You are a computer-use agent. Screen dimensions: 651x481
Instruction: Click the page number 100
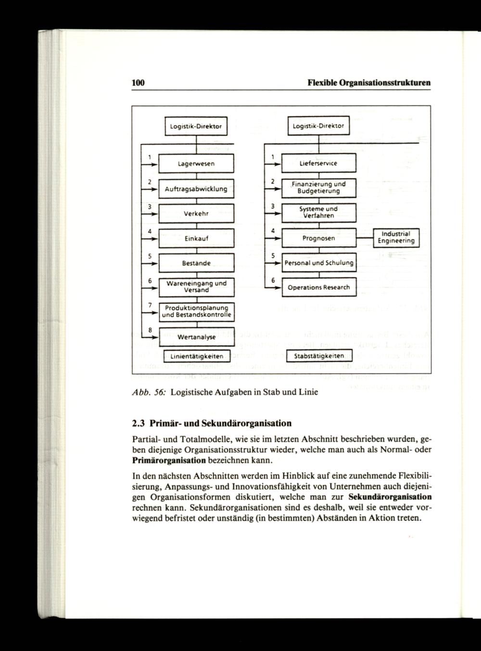click(x=139, y=82)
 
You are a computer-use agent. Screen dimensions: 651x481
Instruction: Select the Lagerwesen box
click(x=196, y=163)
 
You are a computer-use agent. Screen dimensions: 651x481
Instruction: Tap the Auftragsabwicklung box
click(x=196, y=188)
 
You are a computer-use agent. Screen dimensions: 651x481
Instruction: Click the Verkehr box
click(x=196, y=213)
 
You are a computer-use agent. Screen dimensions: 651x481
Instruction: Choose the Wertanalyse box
click(x=196, y=337)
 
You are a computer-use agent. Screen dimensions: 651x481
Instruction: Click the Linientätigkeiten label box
click(x=196, y=356)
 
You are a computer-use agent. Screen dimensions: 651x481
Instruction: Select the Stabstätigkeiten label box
click(x=319, y=356)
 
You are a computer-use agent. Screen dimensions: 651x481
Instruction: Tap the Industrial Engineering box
click(x=396, y=238)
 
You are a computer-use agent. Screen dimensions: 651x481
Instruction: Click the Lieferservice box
click(x=318, y=163)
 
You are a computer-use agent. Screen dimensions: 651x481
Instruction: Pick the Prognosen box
click(x=318, y=238)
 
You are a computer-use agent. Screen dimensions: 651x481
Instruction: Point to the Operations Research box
click(x=318, y=288)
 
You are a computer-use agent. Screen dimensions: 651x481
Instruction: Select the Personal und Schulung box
click(x=318, y=263)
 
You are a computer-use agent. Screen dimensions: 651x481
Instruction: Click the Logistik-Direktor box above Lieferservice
click(x=318, y=126)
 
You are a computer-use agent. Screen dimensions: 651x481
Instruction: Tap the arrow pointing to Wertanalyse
click(x=152, y=338)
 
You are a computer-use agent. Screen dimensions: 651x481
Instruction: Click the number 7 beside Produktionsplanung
click(x=150, y=305)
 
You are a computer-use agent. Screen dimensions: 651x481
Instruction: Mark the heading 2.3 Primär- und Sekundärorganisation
click(x=212, y=424)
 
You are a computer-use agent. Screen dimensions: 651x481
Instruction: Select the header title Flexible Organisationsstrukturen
click(x=368, y=82)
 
